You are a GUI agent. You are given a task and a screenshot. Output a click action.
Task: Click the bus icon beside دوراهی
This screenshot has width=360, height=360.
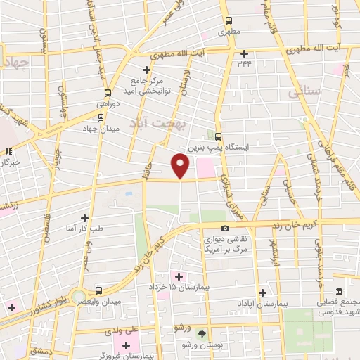[x=108, y=93]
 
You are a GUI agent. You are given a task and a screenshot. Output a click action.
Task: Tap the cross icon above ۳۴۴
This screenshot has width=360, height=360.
[x=245, y=53]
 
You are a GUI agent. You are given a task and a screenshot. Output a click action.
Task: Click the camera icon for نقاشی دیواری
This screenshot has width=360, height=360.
[x=225, y=228]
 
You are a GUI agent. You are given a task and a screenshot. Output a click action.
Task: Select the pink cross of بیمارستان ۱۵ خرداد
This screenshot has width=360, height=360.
[x=179, y=276]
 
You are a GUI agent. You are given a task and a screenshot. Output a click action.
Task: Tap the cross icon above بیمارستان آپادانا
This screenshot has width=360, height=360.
[x=262, y=292]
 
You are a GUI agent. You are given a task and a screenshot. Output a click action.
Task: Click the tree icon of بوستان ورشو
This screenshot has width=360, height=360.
[x=203, y=334]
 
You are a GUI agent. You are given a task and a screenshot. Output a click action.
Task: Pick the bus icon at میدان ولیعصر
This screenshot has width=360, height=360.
[x=98, y=290]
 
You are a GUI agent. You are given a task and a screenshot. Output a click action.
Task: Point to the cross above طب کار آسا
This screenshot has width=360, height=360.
[x=85, y=218]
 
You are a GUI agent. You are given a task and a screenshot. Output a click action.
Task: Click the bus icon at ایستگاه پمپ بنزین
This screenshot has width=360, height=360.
[x=219, y=136]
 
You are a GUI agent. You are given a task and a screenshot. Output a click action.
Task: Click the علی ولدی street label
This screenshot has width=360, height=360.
[x=136, y=328]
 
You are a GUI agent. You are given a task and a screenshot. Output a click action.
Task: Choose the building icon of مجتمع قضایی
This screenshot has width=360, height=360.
[x=339, y=292]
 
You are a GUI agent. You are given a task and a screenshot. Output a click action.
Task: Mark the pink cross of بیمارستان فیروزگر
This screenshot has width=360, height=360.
[x=127, y=345]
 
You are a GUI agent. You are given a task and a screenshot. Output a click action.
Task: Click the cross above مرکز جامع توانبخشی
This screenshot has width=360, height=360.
[x=146, y=70]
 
